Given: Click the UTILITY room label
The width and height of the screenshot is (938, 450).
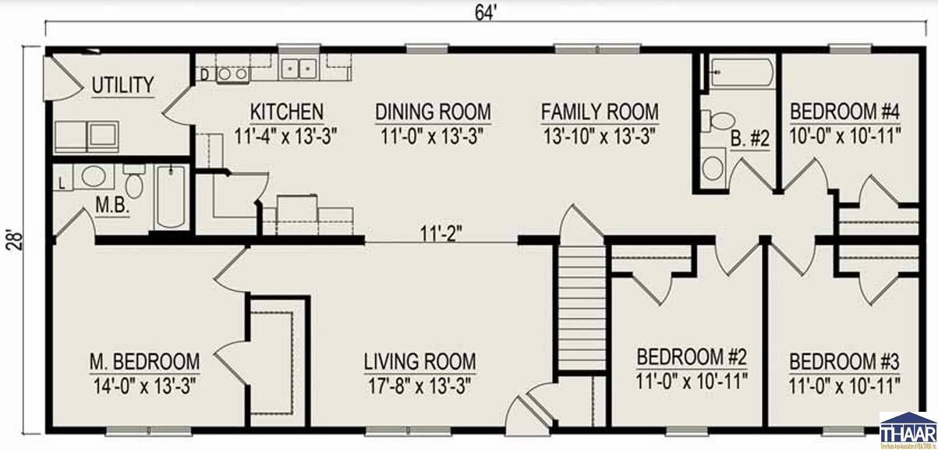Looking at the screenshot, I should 122,85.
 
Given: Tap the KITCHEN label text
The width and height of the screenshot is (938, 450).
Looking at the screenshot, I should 286,112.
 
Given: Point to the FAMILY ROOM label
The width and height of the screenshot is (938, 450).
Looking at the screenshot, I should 599,112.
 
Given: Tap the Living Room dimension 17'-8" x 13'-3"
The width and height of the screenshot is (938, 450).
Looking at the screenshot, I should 419,385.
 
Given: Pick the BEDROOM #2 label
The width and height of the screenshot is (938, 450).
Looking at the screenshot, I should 692,357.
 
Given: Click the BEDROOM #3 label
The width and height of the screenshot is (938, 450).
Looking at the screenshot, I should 844,362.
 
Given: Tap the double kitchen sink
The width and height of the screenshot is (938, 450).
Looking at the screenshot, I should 299,69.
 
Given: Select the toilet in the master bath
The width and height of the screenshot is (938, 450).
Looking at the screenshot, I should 134,183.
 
